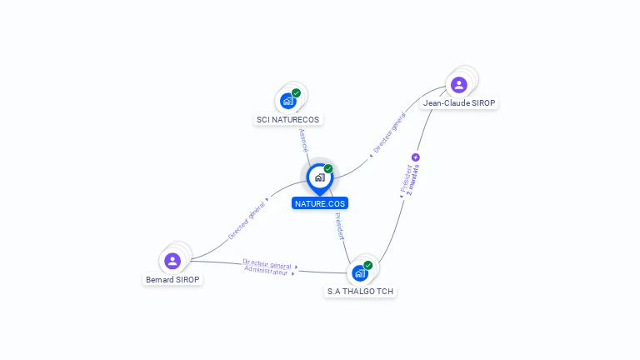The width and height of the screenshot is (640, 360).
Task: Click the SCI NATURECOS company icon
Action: pyautogui.click(x=288, y=101)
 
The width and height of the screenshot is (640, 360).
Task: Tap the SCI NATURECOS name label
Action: pyautogui.click(x=287, y=119)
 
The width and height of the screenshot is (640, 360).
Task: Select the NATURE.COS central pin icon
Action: pyautogui.click(x=319, y=177)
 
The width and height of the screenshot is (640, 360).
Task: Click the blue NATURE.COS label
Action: pyautogui.click(x=320, y=203)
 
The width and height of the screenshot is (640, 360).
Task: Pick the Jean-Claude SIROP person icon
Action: pyautogui.click(x=458, y=85)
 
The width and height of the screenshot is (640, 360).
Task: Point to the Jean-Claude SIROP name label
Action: pyautogui.click(x=459, y=103)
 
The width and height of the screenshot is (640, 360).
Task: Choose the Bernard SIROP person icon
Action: pyautogui.click(x=172, y=261)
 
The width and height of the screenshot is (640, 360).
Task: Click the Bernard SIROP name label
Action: pyautogui.click(x=172, y=280)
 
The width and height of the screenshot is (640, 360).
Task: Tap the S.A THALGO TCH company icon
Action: pyautogui.click(x=359, y=273)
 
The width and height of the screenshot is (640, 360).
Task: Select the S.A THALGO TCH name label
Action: pyautogui.click(x=361, y=292)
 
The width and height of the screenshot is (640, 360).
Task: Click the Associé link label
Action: pyautogui.click(x=303, y=139)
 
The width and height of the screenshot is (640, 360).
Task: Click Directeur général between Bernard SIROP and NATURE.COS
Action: pyautogui.click(x=247, y=218)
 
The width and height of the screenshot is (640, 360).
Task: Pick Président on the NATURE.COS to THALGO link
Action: pyautogui.click(x=338, y=227)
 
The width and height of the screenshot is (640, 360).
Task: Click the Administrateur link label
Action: pyautogui.click(x=266, y=272)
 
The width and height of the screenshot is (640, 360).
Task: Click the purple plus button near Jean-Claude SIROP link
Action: pyautogui.click(x=416, y=157)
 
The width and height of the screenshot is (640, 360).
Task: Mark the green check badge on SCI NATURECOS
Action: pyautogui.click(x=296, y=93)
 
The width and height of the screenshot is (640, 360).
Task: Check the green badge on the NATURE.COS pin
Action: pyautogui.click(x=328, y=169)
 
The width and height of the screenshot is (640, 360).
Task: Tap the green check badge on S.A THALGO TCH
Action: pyautogui.click(x=367, y=266)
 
